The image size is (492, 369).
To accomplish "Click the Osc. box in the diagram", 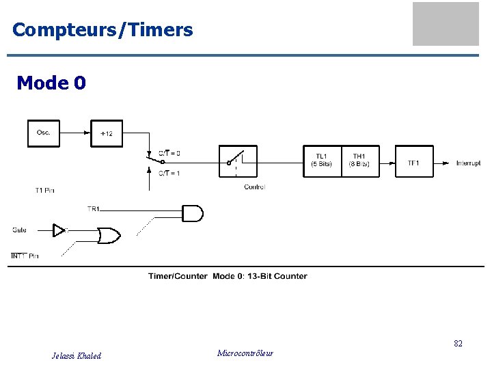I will tap(44, 133).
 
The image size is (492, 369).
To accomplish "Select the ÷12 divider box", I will tap(107, 133).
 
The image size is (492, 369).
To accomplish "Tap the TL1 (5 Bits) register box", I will tap(322, 161).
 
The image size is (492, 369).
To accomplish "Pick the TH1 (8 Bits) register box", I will tap(359, 161).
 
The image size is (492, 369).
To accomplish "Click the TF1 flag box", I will tap(414, 162).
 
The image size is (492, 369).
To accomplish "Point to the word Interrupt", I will tap(468, 163).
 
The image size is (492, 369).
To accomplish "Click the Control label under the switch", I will tap(254, 187).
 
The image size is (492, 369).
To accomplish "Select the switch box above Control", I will tap(238, 161).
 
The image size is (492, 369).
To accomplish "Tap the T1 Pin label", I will tap(44, 190).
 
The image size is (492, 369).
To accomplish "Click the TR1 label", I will tap(94, 208).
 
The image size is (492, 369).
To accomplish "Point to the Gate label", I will tap(19, 230).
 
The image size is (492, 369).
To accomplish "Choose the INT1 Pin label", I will tap(25, 256).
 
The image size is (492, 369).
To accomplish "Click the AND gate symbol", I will tap(192, 213).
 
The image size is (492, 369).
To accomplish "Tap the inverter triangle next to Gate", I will tap(60, 230).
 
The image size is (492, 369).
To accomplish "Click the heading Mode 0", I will tap(51, 83).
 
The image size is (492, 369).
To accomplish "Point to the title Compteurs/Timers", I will tap(102, 30).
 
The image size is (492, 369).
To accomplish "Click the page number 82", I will tap(458, 344).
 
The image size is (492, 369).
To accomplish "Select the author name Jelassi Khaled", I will tap(77, 356).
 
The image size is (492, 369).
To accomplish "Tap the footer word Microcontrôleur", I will tap(245, 353).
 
